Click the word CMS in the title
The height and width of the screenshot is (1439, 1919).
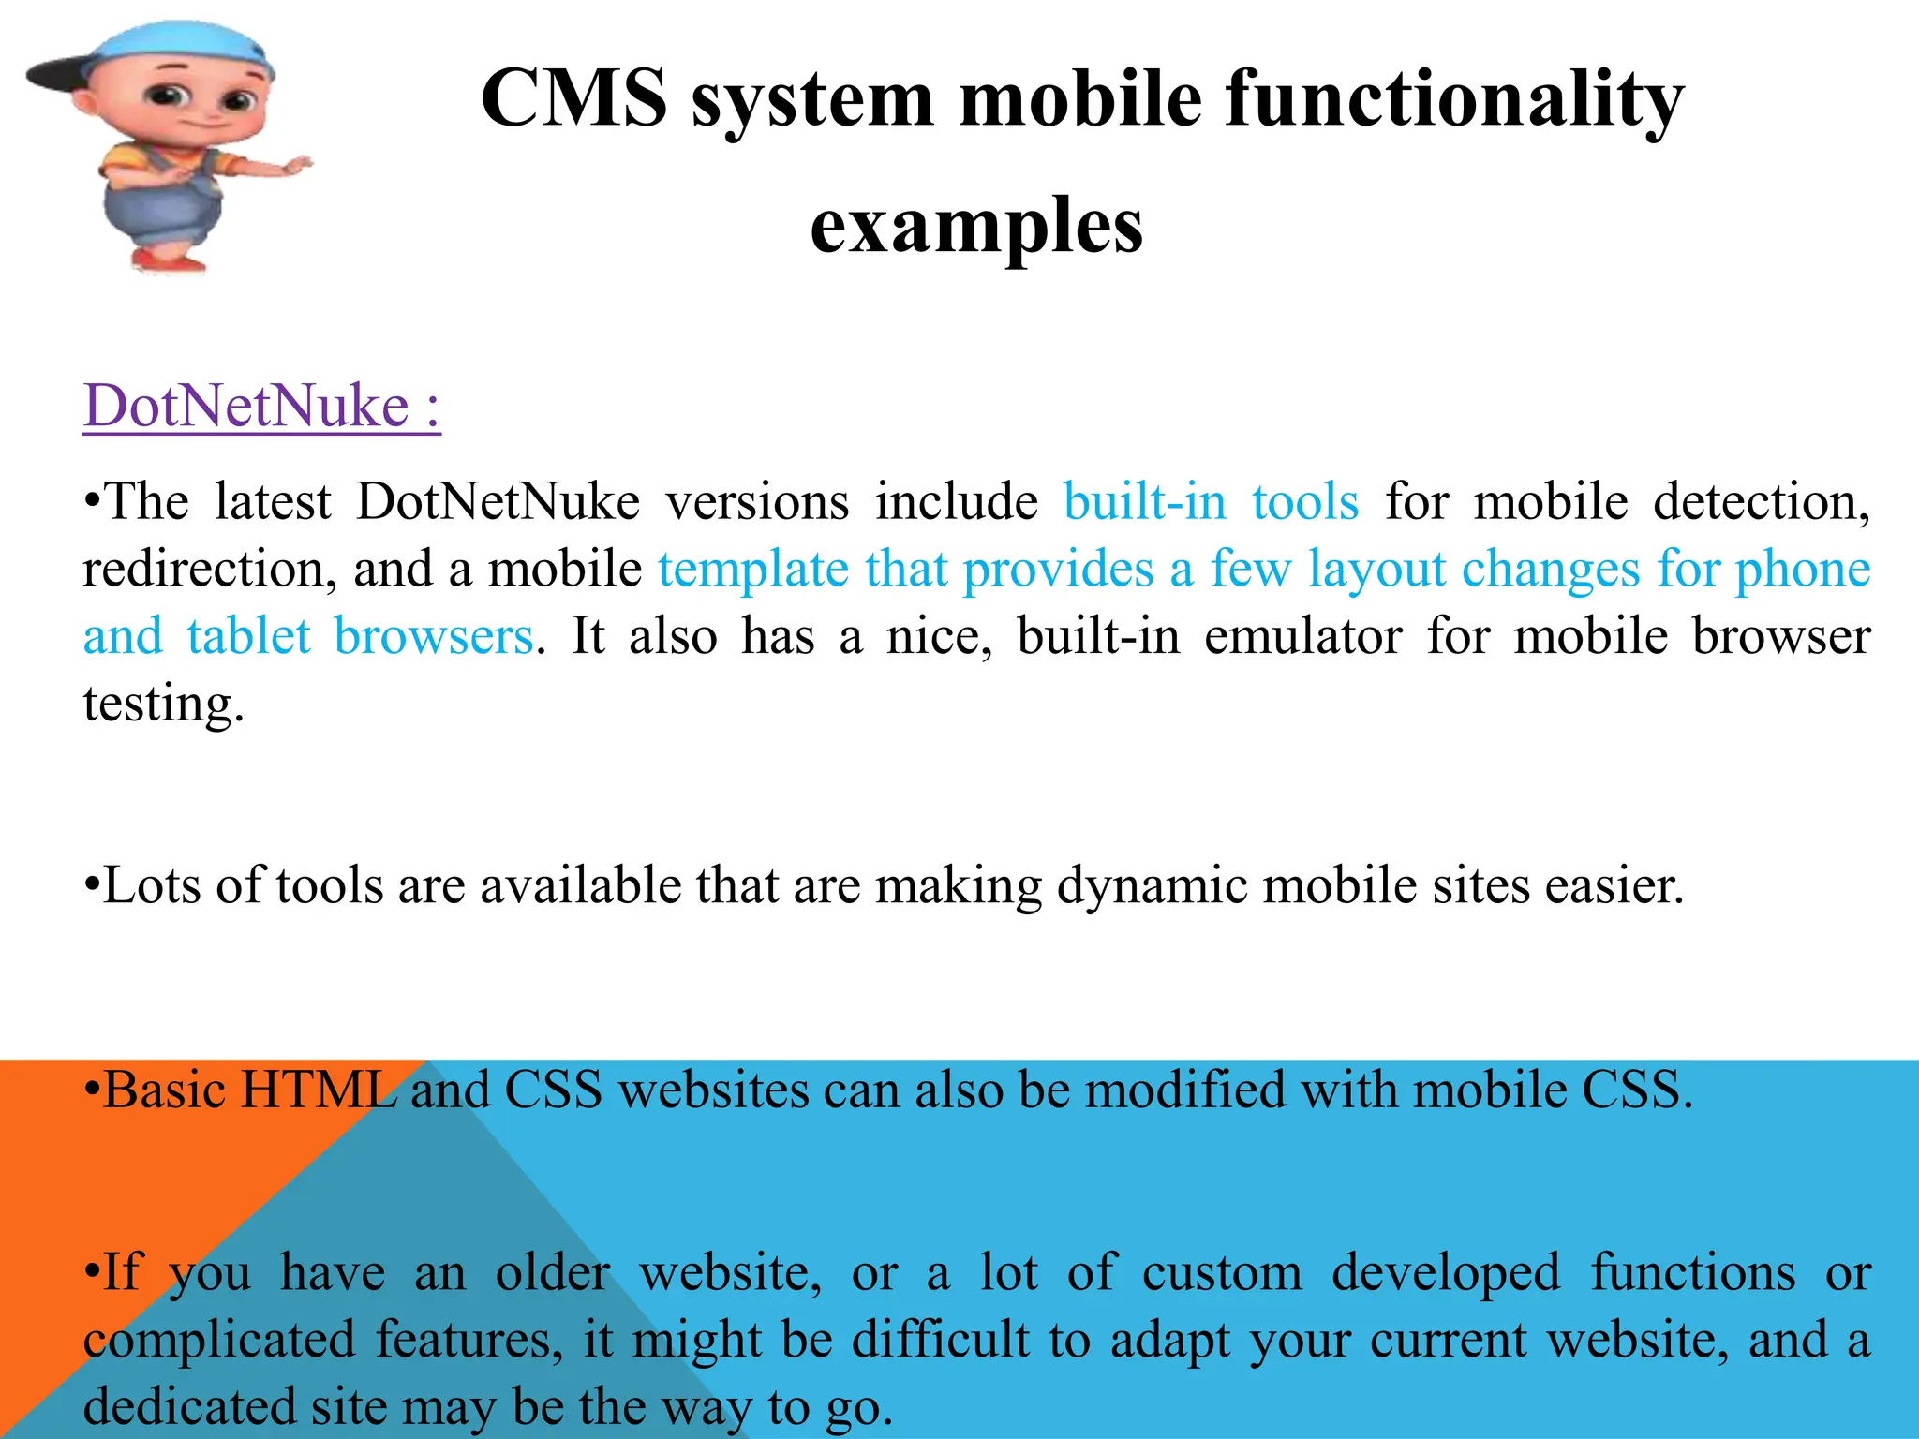573,98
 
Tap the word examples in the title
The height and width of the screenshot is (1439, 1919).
976,226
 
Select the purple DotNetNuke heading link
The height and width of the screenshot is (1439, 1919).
261,406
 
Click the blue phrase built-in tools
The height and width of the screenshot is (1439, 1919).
1211,501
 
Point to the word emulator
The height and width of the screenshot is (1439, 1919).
1302,636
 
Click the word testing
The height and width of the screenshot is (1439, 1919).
163,703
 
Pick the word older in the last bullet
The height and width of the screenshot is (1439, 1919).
552,1273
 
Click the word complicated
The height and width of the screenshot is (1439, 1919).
219,1340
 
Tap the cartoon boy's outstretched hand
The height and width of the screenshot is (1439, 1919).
296,167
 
